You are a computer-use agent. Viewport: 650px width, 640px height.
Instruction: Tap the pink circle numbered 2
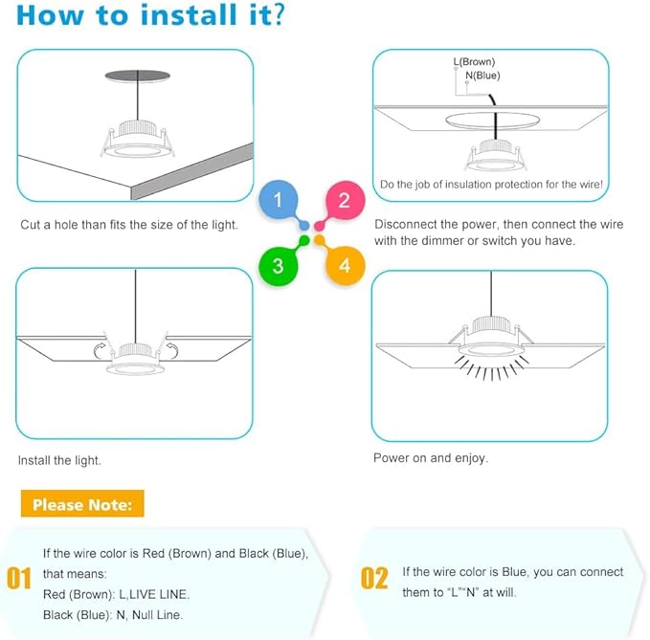pyautogui.click(x=345, y=202)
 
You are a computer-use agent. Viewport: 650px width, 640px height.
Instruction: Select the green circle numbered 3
pyautogui.click(x=278, y=265)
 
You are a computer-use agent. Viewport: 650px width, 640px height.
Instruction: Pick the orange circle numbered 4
pyautogui.click(x=345, y=265)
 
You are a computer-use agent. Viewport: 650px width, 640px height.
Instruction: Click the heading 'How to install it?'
pyautogui.click(x=150, y=15)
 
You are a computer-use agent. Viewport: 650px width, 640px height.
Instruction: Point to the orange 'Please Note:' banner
pyautogui.click(x=87, y=504)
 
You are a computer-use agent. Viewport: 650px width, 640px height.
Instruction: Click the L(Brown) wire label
pyautogui.click(x=474, y=62)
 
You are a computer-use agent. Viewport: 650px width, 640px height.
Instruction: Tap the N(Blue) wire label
pyautogui.click(x=482, y=76)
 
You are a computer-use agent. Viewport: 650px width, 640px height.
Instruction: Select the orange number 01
pyautogui.click(x=19, y=578)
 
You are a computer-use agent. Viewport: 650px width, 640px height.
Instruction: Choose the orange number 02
pyautogui.click(x=374, y=578)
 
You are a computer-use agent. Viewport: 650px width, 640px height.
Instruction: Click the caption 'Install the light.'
pyautogui.click(x=59, y=460)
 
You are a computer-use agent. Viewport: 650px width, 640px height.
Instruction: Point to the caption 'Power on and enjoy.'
pyautogui.click(x=431, y=458)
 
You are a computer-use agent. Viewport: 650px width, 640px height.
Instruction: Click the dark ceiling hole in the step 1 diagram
pyautogui.click(x=134, y=76)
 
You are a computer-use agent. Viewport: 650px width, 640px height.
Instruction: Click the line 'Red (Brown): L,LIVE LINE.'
pyautogui.click(x=116, y=594)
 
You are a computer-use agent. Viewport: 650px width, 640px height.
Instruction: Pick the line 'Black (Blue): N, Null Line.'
pyautogui.click(x=113, y=615)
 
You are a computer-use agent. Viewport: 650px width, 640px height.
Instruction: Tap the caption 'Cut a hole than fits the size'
pyautogui.click(x=129, y=225)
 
